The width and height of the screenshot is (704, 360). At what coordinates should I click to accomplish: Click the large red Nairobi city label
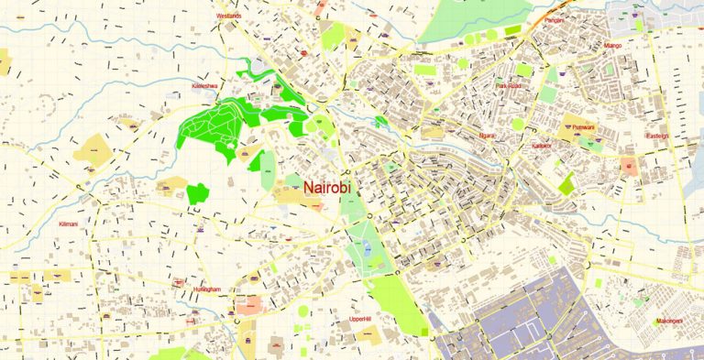pyautogui.click(x=318, y=188)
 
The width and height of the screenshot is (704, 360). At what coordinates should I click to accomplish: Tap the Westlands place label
pyautogui.click(x=228, y=16)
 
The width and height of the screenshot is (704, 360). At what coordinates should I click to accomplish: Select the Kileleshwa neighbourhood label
pyautogui.click(x=203, y=86)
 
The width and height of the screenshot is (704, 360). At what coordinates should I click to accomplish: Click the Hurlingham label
pyautogui.click(x=207, y=289)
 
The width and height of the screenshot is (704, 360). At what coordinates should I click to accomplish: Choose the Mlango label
pyautogui.click(x=613, y=44)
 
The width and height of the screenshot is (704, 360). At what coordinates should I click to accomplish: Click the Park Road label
pyautogui.click(x=508, y=86)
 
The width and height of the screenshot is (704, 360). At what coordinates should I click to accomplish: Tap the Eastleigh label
pyautogui.click(x=657, y=136)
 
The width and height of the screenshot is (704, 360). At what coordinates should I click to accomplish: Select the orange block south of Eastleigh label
pyautogui.click(x=630, y=166)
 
